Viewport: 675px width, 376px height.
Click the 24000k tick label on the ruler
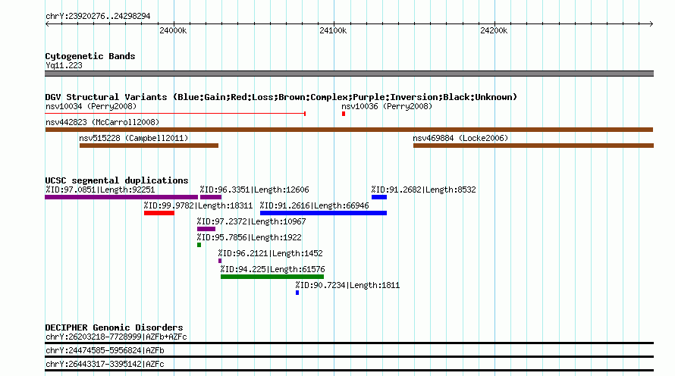coord(173,30)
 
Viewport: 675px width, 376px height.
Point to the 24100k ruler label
coord(333,30)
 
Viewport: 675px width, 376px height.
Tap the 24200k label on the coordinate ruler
coord(494,30)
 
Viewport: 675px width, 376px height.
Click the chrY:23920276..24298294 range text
coord(98,17)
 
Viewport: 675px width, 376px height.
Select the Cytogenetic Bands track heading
coord(90,56)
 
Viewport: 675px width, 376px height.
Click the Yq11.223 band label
coord(64,65)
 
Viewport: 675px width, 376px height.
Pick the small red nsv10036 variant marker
coord(344,114)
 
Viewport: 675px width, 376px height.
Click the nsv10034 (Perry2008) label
coord(91,106)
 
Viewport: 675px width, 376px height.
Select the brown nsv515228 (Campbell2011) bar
coord(149,146)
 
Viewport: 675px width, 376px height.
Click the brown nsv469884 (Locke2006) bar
coord(533,146)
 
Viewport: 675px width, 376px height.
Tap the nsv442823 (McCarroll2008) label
coord(102,122)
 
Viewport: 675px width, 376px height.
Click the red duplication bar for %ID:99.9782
coord(159,213)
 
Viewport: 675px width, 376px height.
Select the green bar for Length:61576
coord(272,277)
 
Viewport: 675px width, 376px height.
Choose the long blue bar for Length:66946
coord(323,213)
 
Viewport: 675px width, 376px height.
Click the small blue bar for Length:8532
coord(379,197)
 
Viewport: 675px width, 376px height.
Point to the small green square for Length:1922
coord(199,245)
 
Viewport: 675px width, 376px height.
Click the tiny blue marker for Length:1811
coord(297,293)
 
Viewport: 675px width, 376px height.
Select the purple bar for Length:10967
coord(206,229)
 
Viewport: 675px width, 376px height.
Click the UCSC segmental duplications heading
coord(117,180)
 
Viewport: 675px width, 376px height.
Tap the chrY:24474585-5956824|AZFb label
coord(105,351)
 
